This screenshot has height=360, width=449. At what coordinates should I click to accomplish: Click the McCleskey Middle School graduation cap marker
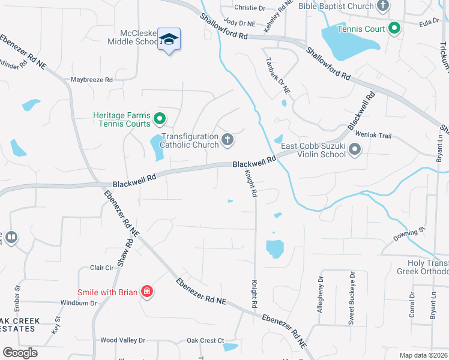[169, 40]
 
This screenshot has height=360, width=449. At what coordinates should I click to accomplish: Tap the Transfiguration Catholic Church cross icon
[227, 140]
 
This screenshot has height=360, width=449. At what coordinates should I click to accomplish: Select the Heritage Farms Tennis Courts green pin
[160, 117]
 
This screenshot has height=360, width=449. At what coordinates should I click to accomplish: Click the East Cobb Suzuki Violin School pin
[355, 149]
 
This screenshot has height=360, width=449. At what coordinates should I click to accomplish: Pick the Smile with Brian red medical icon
[146, 292]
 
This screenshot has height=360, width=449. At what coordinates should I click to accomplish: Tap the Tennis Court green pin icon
[394, 28]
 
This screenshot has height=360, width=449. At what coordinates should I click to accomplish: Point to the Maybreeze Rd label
[92, 79]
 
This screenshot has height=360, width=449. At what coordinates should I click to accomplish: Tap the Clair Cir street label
[101, 268]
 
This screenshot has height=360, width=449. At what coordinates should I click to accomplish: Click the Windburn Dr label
[79, 303]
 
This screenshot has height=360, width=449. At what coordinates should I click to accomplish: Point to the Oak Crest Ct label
[205, 340]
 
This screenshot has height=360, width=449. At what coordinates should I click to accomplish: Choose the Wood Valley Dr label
[123, 340]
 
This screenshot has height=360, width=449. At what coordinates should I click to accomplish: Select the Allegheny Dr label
[321, 294]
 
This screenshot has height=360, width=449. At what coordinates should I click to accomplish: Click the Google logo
[20, 353]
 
